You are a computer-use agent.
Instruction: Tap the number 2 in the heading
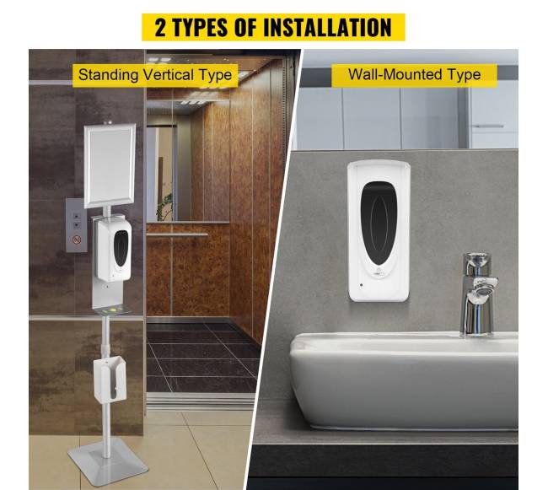pos(160,27)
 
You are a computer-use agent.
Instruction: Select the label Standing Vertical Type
pos(155,75)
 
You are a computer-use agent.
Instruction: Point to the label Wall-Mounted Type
pos(414,74)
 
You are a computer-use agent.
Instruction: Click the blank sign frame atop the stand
pos(110,165)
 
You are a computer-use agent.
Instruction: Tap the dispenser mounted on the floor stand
pos(114,250)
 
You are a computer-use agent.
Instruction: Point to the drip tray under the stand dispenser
pos(112,310)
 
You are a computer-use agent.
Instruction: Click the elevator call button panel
pos(76,224)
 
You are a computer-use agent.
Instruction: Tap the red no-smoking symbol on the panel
pos(77,240)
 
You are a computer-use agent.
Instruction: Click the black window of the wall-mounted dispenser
pos(379,223)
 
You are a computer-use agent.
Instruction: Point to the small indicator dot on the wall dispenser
pos(362,285)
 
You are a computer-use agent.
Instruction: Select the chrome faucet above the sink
pos(479,294)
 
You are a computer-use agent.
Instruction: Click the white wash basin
pos(404,380)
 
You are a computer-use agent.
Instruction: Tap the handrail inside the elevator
pos(177,234)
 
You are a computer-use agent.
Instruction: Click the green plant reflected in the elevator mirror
pos(164,207)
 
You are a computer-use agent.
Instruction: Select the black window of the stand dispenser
pos(121,247)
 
